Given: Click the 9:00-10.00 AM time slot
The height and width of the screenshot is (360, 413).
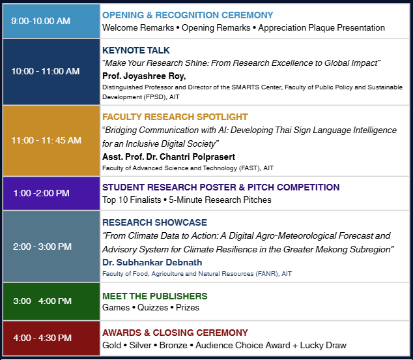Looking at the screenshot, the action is point(40,21).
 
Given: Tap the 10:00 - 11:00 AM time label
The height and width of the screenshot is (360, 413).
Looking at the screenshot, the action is point(46,71).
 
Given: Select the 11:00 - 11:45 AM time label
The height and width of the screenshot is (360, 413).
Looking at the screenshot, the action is point(46,140).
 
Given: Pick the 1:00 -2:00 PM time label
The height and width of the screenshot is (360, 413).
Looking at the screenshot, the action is point(42,193).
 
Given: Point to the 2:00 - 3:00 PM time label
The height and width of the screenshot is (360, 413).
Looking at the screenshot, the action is point(42,247).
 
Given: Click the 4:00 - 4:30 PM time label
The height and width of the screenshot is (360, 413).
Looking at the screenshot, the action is point(42,338).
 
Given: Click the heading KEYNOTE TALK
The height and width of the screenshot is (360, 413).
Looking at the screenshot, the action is point(136,50).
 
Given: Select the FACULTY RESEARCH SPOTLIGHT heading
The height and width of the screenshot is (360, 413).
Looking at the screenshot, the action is point(175,117).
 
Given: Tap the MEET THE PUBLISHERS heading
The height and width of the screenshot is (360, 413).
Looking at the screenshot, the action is point(155,296).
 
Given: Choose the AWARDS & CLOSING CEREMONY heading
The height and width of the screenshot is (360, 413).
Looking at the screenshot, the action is point(175,333).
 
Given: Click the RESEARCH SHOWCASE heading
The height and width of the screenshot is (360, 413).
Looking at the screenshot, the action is point(154,222).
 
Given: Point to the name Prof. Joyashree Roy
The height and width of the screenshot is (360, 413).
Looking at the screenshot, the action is point(144,76).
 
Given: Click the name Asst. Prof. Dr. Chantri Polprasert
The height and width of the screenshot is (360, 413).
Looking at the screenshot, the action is point(169,157).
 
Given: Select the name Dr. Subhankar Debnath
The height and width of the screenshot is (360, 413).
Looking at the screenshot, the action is point(152,262).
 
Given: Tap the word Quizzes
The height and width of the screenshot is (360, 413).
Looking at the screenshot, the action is point(153,308).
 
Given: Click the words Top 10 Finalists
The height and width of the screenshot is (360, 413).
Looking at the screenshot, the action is point(132,200).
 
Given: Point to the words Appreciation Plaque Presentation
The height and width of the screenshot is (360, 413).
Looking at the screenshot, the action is point(321,27).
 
